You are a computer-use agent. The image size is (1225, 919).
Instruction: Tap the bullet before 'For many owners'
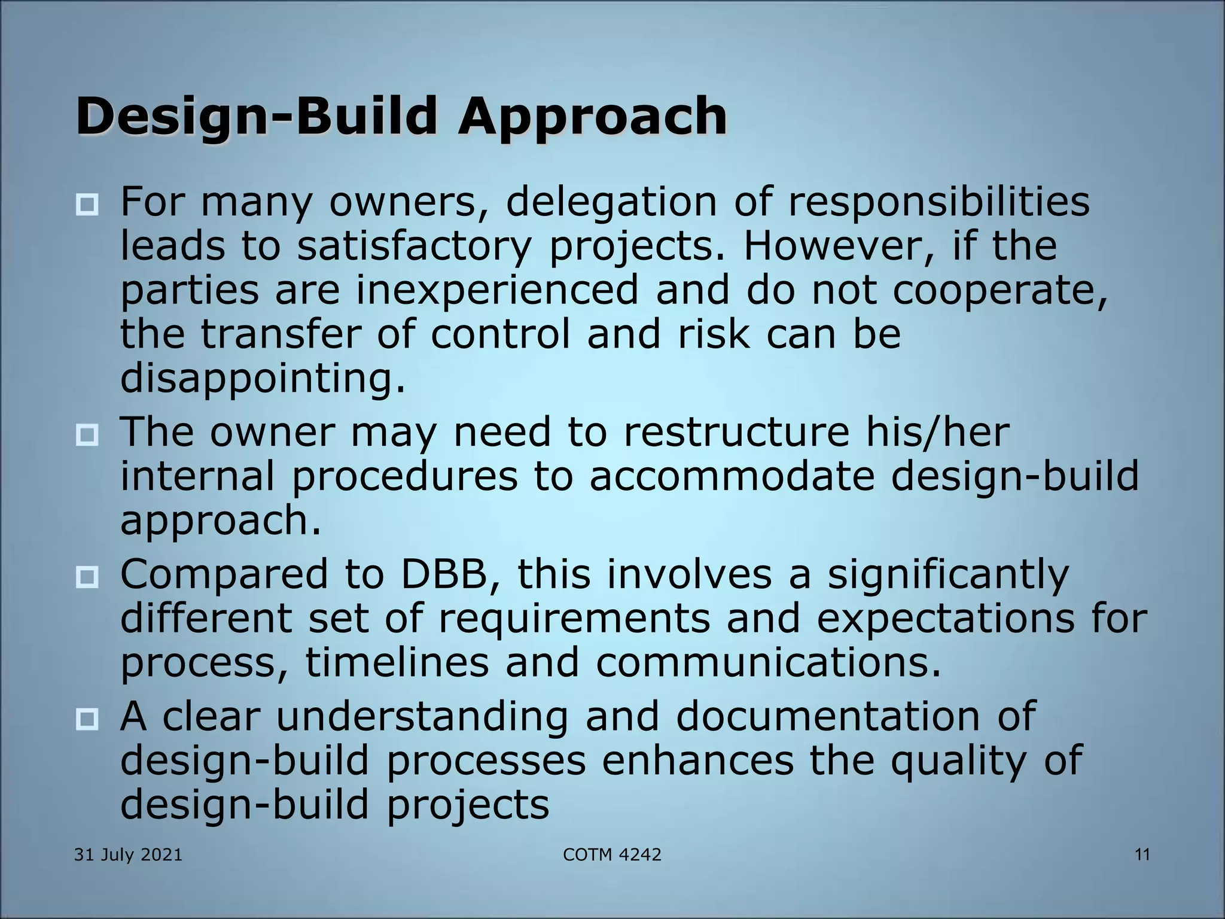click(x=87, y=205)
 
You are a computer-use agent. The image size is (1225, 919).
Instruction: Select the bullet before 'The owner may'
click(x=87, y=434)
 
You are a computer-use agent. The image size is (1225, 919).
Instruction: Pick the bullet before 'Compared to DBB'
click(x=87, y=577)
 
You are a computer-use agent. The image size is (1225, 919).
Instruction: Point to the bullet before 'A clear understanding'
click(x=87, y=719)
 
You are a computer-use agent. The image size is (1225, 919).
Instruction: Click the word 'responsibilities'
click(x=938, y=202)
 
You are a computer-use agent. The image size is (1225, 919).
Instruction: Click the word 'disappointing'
click(x=262, y=379)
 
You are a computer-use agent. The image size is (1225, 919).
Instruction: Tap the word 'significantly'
click(x=948, y=575)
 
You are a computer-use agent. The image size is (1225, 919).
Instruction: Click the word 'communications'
click(x=767, y=663)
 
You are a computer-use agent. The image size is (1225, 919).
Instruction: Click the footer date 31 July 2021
click(x=128, y=855)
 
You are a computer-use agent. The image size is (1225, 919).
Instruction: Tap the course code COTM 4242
click(x=612, y=855)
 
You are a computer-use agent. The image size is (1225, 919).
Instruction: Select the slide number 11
click(x=1142, y=855)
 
